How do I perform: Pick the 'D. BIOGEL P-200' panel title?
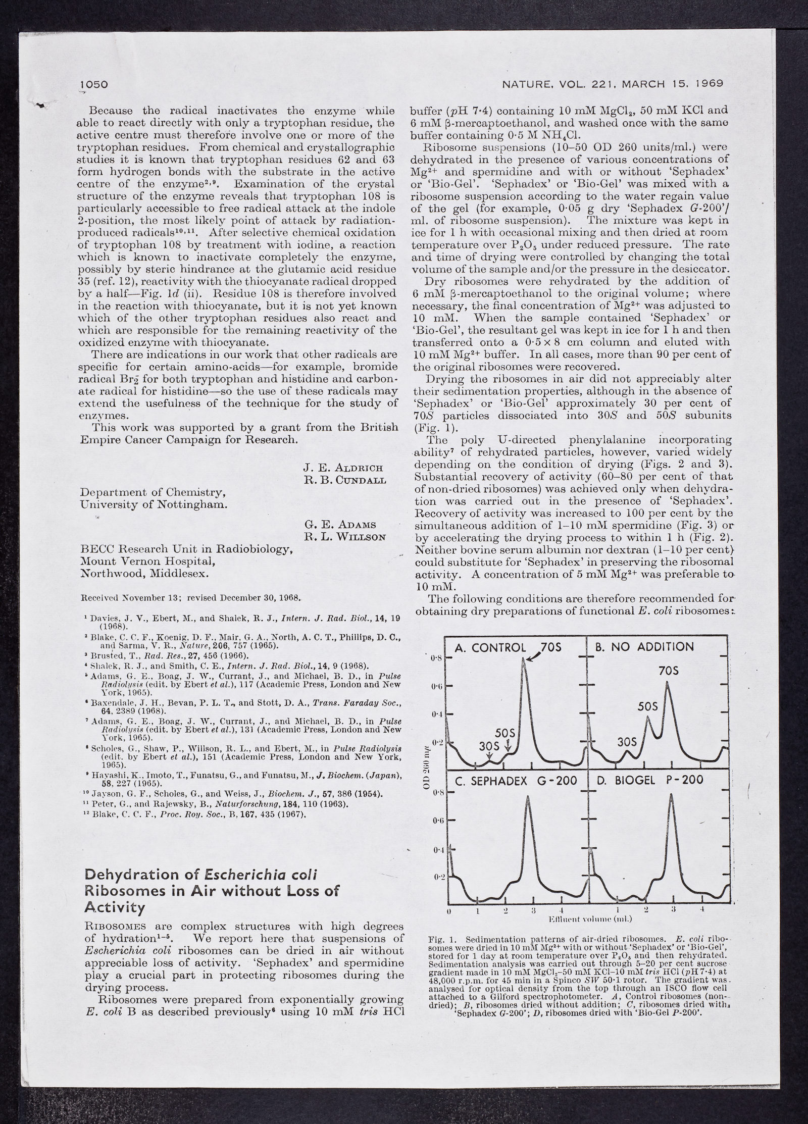click(x=650, y=781)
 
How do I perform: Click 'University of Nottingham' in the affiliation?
click(x=154, y=504)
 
